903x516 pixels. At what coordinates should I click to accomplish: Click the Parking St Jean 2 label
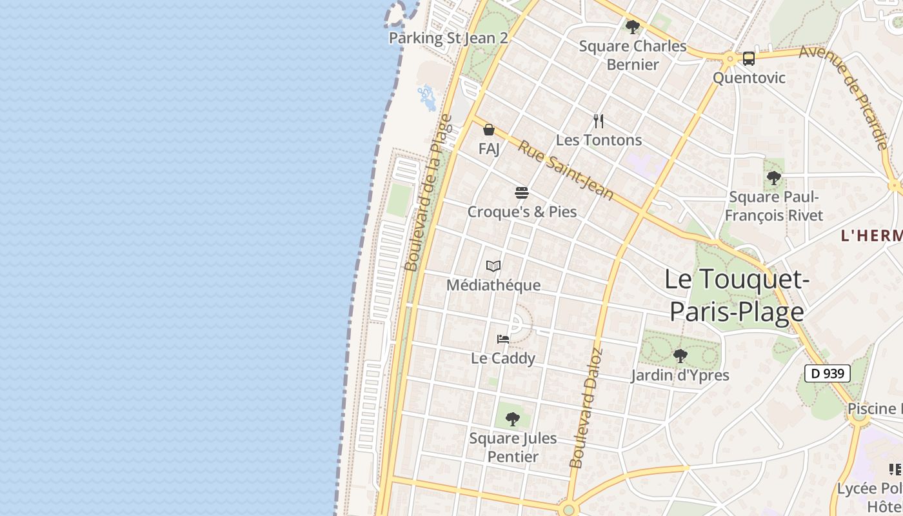click(448, 38)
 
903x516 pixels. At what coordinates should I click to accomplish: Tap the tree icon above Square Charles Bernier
click(633, 27)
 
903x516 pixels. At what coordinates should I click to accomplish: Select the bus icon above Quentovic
click(748, 59)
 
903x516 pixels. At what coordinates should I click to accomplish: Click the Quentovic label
click(749, 78)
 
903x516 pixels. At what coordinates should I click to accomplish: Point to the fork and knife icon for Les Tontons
click(599, 121)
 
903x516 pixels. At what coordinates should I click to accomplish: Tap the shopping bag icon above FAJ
click(489, 130)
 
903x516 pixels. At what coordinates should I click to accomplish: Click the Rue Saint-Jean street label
click(566, 170)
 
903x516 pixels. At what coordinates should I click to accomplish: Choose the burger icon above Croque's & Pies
click(522, 193)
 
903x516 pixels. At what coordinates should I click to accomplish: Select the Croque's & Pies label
click(522, 212)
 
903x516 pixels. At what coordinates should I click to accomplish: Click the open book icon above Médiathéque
click(493, 266)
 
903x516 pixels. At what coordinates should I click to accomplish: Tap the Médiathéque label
click(493, 284)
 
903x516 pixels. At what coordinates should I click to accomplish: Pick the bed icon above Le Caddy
click(503, 339)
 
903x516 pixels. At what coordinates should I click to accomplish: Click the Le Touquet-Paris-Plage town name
click(737, 295)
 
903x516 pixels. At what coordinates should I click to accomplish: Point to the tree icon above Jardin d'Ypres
click(680, 356)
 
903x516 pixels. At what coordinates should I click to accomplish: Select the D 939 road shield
click(827, 373)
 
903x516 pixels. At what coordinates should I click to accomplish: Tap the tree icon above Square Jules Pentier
click(513, 419)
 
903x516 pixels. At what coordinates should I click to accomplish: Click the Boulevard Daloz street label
click(586, 408)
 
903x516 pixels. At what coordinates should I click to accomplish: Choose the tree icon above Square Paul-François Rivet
click(773, 177)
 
